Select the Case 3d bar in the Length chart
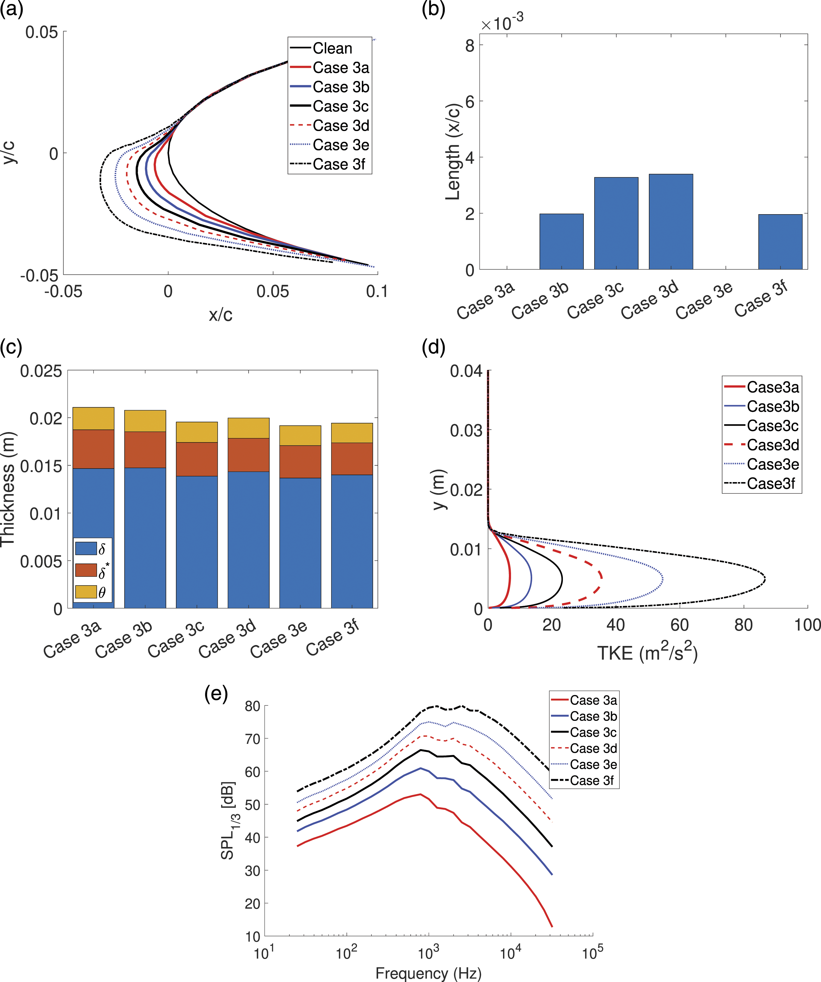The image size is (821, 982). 671,222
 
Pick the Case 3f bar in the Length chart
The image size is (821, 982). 780,242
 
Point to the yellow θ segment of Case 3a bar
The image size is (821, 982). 94,419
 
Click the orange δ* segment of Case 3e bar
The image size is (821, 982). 300,462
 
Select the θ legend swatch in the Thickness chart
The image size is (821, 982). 86,592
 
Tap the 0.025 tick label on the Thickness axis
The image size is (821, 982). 41,371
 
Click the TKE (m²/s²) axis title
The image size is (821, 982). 648,652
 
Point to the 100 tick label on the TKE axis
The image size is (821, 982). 807,625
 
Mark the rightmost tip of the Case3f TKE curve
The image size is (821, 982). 765,579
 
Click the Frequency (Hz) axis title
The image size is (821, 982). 428,973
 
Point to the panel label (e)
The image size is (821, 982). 216,694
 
